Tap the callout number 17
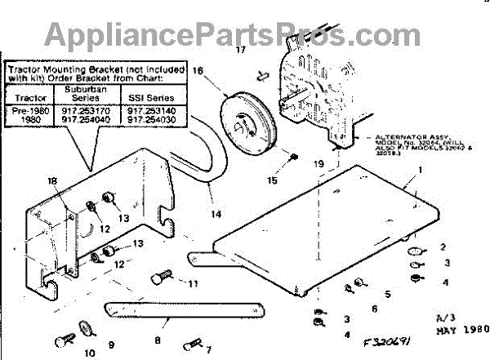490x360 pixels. tap(240, 51)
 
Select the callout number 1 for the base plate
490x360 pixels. tap(420, 171)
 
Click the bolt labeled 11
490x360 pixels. tap(160, 278)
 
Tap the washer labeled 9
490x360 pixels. tap(85, 329)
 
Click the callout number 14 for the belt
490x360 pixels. tap(216, 214)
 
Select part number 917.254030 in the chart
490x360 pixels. tap(155, 118)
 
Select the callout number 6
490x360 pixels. tap(373, 309)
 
